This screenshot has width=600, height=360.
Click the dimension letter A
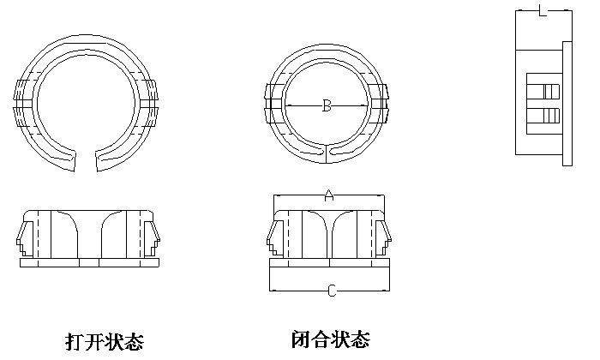point(328,195)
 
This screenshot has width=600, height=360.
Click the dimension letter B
point(327,106)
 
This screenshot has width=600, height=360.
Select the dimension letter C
point(331,291)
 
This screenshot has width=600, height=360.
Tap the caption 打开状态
point(105,340)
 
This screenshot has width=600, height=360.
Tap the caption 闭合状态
point(331,339)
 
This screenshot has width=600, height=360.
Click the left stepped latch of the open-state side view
point(25,235)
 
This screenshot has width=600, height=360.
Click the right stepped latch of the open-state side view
point(153,235)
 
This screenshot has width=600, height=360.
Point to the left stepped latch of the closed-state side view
point(275,235)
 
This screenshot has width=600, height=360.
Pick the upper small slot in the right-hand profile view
point(544,89)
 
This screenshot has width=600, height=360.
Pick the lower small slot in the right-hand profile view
point(544,116)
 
